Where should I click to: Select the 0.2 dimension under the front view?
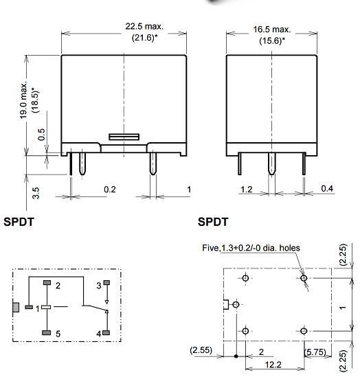109,189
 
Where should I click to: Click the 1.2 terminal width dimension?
247,189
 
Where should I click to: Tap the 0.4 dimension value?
327,189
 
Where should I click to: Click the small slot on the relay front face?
124,137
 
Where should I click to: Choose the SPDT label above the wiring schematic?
19,222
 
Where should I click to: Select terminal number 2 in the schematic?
58,285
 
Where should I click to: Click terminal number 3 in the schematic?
98,285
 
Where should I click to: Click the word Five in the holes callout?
210,248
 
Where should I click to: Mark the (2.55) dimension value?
201,351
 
